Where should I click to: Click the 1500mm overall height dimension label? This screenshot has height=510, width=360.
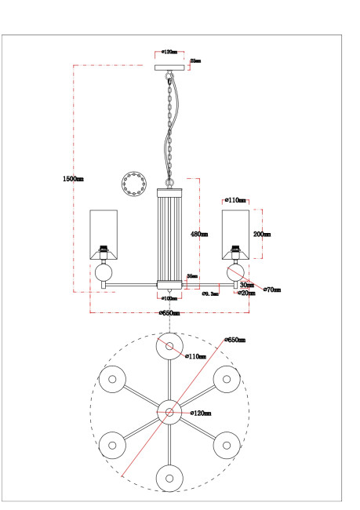(x=73, y=180)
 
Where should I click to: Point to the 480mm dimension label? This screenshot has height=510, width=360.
(x=199, y=234)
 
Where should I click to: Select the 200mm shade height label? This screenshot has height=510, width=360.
(x=262, y=234)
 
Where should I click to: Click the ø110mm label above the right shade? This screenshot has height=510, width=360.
(x=235, y=201)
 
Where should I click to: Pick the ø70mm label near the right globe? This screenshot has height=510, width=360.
(x=271, y=290)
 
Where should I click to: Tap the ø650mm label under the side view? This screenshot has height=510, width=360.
(x=169, y=313)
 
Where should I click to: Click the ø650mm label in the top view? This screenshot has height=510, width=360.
(x=235, y=340)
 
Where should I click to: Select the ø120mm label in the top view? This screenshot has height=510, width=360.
(x=201, y=412)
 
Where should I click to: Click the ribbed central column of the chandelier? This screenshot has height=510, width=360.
(x=169, y=235)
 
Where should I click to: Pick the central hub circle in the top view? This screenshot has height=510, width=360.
(x=169, y=410)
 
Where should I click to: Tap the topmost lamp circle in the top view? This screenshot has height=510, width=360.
(x=169, y=345)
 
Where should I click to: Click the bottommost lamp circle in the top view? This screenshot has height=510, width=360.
(x=169, y=476)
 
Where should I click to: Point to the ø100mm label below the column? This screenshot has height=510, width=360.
(x=170, y=298)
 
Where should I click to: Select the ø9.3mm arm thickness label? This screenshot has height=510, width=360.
(x=209, y=293)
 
